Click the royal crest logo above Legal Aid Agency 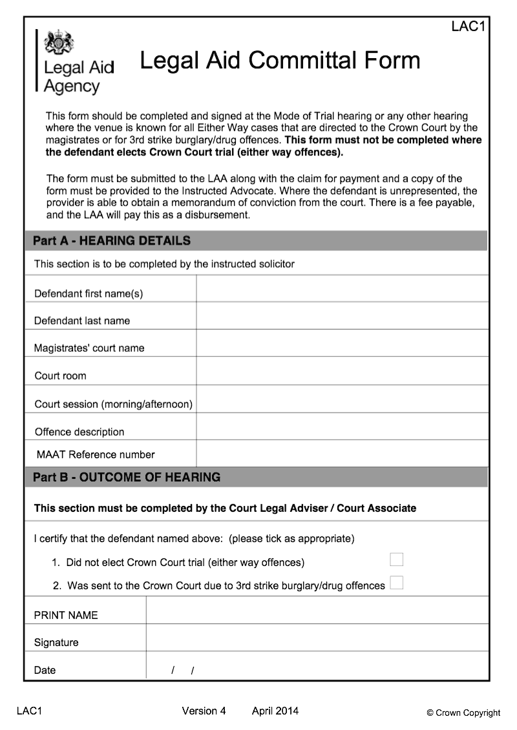(59, 42)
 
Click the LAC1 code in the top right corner (468, 26)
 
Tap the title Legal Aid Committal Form (280, 61)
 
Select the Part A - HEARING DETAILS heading (112, 241)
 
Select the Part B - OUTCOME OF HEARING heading (127, 478)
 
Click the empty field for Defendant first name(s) (342, 289)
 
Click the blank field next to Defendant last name (342, 316)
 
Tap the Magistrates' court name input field (342, 343)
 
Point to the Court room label (60, 376)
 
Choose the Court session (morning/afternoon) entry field (342, 400)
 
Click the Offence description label (79, 432)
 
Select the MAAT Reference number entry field (342, 454)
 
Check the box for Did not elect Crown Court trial (396, 560)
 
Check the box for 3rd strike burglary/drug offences (396, 583)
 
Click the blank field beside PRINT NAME (317, 611)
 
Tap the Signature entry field (317, 638)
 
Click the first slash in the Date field (173, 671)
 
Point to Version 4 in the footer (204, 711)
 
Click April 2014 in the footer (275, 711)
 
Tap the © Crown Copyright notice (463, 713)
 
